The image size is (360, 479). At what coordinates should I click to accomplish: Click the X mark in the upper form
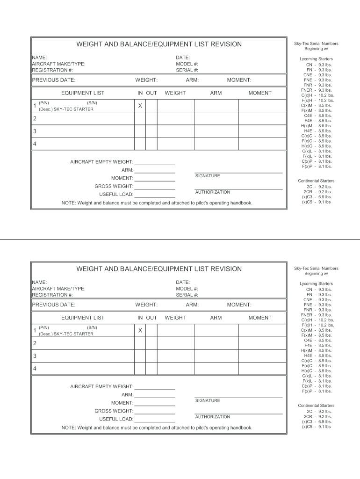[x=140, y=106]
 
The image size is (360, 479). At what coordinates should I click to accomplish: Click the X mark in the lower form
[x=140, y=331]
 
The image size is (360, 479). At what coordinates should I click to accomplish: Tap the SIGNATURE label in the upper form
[x=208, y=176]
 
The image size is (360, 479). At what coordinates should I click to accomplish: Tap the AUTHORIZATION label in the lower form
[x=212, y=417]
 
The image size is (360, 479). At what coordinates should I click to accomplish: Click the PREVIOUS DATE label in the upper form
[x=54, y=80]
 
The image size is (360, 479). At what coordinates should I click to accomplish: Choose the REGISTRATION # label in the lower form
[x=52, y=295]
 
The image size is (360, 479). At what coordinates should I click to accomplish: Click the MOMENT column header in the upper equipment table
[x=260, y=93]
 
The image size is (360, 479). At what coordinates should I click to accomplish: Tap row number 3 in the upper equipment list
[x=35, y=131]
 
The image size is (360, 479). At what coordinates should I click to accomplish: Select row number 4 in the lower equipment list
[x=35, y=369]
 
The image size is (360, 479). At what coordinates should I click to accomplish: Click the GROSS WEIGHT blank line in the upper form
[x=155, y=188]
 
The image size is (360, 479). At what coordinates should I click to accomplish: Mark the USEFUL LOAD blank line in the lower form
[x=155, y=421]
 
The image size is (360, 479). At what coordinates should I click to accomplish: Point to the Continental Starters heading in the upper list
[x=316, y=181]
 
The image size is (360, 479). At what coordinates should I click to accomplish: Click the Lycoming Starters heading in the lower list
[x=316, y=284]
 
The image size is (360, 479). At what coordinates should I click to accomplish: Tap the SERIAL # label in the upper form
[x=187, y=70]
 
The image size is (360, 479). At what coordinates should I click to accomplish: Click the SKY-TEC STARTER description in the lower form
[x=66, y=334]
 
